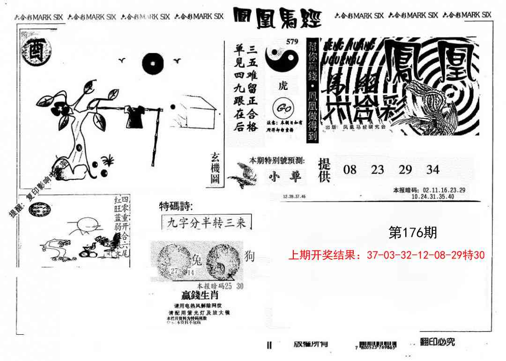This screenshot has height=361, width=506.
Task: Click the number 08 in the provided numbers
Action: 350,169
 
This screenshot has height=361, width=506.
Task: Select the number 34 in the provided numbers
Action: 432,169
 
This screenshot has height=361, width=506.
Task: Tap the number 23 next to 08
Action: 377,169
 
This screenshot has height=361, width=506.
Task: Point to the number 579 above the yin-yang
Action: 292,42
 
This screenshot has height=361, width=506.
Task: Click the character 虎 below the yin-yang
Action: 283,86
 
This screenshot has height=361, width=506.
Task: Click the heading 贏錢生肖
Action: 200,295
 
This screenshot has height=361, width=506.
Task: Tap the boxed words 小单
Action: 285,177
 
